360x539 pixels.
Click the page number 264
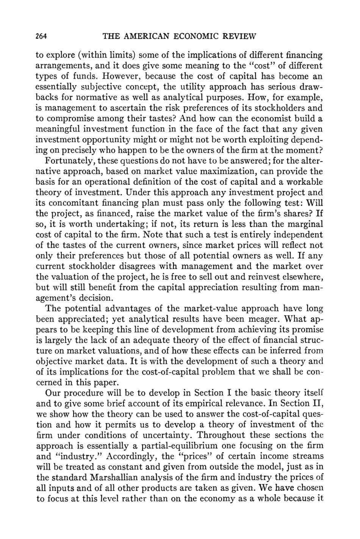click(x=41, y=36)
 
